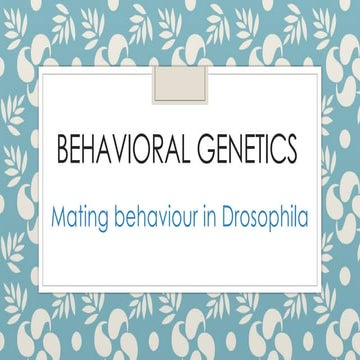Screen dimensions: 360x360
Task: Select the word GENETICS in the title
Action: point(242,150)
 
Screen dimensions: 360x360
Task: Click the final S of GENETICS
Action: point(291,150)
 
